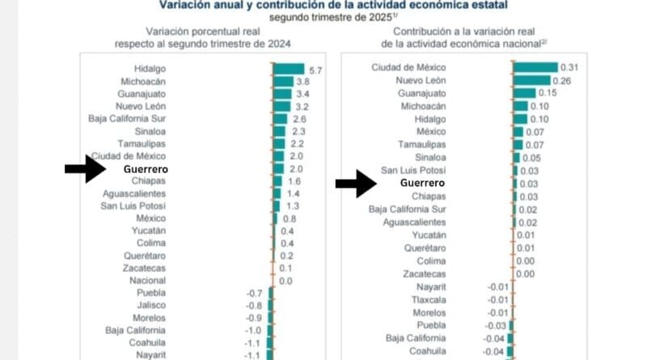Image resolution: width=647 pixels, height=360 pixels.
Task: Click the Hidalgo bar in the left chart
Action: (289, 69)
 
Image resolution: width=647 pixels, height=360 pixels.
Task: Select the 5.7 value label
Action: (315, 70)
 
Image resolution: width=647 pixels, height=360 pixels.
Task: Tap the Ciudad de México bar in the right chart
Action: (535, 67)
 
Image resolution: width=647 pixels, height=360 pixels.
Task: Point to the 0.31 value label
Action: (569, 67)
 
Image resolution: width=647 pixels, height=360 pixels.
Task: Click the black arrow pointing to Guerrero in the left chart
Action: (86, 169)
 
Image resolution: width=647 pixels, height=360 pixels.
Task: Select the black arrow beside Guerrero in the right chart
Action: (356, 184)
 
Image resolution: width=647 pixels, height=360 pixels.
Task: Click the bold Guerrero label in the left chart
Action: (146, 169)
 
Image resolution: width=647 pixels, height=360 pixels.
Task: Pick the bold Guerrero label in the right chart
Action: (422, 183)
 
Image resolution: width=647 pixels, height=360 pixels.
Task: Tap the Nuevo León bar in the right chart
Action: (532, 81)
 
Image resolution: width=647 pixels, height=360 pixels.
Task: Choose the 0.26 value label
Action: (561, 81)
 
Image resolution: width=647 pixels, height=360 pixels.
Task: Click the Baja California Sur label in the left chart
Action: (127, 119)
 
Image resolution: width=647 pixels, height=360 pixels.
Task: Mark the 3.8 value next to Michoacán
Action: (302, 82)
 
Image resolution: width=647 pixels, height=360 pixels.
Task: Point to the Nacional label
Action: (147, 281)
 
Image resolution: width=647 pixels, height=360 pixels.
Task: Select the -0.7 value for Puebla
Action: (254, 293)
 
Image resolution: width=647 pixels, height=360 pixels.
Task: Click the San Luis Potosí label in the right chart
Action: (413, 171)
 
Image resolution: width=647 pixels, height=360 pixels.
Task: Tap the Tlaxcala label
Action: (429, 300)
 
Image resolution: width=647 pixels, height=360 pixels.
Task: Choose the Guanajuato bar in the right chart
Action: (524, 93)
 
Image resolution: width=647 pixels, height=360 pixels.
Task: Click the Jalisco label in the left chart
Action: (151, 306)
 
